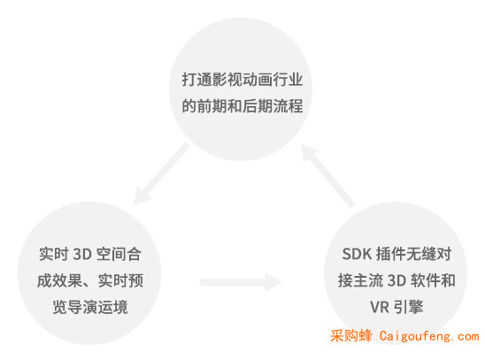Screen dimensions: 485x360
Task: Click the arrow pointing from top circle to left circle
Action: pos(161,173)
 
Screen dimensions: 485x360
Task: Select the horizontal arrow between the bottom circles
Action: pos(241,282)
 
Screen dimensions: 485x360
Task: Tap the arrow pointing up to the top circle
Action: pos(327,175)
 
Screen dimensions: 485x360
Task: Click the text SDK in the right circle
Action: pos(357,255)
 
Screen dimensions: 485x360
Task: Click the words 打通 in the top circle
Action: pos(196,80)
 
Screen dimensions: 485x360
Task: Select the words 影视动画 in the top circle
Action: pos(242,80)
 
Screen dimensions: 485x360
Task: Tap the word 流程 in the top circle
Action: pos(288,106)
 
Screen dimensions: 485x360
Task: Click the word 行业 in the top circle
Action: pos(288,80)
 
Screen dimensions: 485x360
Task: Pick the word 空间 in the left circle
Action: pos(111,255)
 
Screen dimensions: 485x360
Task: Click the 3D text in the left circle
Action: pos(82,255)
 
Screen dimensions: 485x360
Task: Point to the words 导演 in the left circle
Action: pos(82,307)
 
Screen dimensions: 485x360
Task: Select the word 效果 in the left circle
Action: pos(67,281)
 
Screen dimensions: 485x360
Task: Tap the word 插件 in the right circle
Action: pos(391,255)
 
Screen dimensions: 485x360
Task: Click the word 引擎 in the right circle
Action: pos(408,307)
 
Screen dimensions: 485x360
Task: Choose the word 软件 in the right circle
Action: pos(426,281)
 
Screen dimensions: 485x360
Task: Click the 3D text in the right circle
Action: pos(396,281)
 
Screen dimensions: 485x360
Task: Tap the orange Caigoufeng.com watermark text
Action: pos(429,336)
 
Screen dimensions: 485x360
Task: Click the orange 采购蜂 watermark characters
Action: pos(351,336)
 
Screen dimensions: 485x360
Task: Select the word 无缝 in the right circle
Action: pos(421,255)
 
